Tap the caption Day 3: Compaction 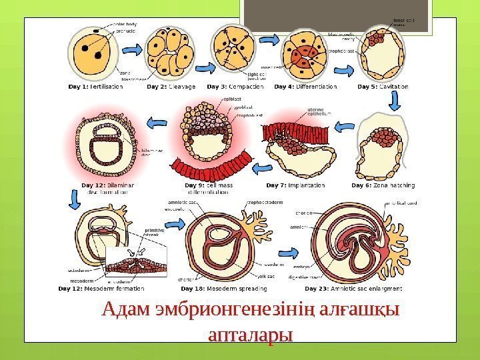237,86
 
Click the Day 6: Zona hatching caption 383,185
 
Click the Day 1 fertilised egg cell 97,51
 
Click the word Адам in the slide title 128,311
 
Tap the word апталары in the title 251,334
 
